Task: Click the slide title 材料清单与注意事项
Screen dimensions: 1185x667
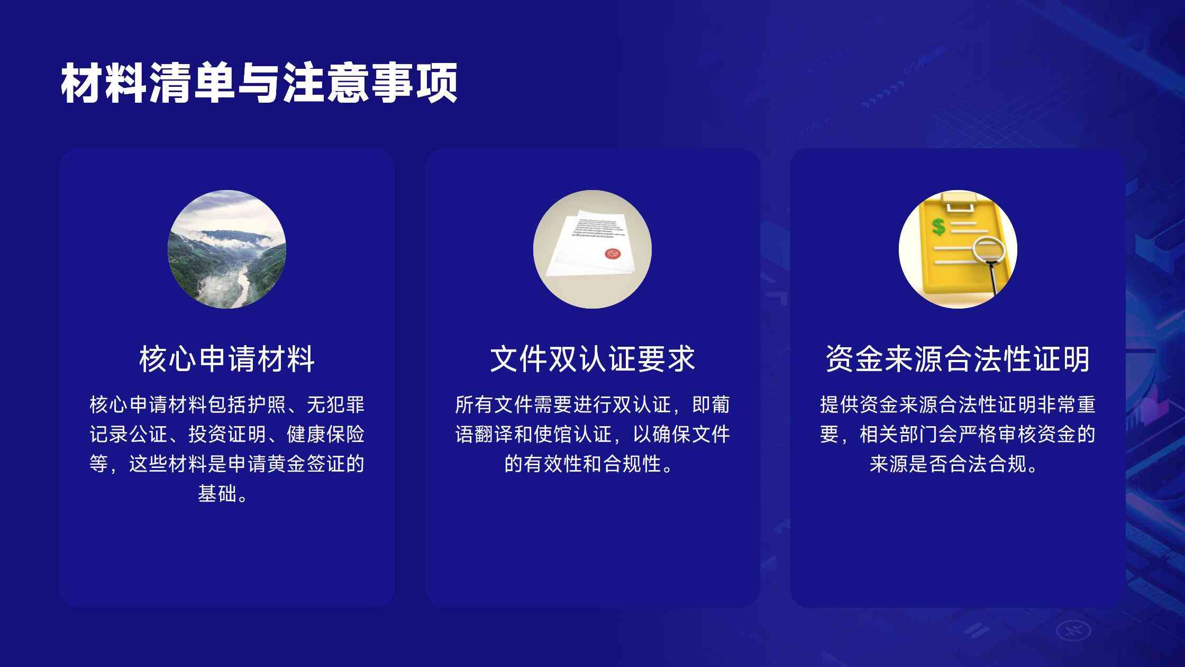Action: [x=259, y=83]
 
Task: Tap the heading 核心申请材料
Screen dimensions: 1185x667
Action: [x=227, y=359]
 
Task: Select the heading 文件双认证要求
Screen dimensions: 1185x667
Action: [x=592, y=359]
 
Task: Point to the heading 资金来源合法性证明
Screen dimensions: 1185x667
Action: [x=958, y=359]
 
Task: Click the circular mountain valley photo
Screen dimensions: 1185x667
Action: [x=227, y=249]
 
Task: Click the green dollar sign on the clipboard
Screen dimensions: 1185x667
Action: [x=938, y=227]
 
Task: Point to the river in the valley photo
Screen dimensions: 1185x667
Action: [x=241, y=286]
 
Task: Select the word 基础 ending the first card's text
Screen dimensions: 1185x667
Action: [x=217, y=494]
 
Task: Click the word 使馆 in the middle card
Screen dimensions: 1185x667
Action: [x=553, y=435]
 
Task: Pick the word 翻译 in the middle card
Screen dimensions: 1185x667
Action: [x=494, y=435]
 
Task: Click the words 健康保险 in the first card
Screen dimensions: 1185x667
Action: [x=326, y=435]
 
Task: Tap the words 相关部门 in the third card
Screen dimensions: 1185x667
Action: [x=899, y=435]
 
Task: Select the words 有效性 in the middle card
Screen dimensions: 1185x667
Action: [x=553, y=464]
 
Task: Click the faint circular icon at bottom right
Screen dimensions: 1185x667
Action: [x=1073, y=630]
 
